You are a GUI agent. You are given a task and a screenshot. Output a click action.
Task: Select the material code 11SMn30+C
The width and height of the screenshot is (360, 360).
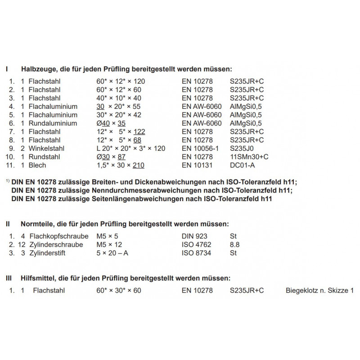pyautogui.click(x=249, y=157)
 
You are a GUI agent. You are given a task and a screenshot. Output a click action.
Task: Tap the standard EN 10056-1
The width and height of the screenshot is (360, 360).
pyautogui.click(x=201, y=148)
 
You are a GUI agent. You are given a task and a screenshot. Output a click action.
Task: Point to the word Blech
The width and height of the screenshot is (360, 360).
pyautogui.click(x=37, y=166)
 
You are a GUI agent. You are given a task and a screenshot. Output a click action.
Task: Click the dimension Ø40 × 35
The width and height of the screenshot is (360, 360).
pyautogui.click(x=111, y=123)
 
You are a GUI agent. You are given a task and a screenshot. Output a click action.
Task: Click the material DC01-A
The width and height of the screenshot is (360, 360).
pyautogui.click(x=243, y=166)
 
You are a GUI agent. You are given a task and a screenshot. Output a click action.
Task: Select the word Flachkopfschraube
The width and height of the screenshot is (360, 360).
pyautogui.click(x=56, y=236)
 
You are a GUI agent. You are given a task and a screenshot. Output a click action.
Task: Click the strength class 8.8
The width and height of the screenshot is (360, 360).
pyautogui.click(x=234, y=244)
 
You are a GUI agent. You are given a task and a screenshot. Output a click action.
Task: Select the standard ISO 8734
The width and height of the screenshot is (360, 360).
pyautogui.click(x=197, y=253)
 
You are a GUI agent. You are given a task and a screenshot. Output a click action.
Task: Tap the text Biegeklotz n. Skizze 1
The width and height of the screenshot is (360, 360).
pyautogui.click(x=319, y=290)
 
